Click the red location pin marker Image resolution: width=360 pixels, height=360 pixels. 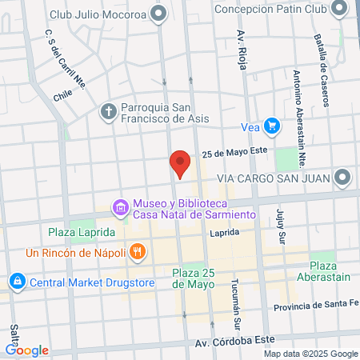coord(180,164)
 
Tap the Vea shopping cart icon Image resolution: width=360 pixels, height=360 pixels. coord(272,126)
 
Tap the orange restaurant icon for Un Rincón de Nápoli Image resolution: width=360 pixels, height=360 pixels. coord(138,251)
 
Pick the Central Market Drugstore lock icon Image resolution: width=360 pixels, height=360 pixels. coord(17,282)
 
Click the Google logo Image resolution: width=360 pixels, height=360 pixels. coord(26,350)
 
